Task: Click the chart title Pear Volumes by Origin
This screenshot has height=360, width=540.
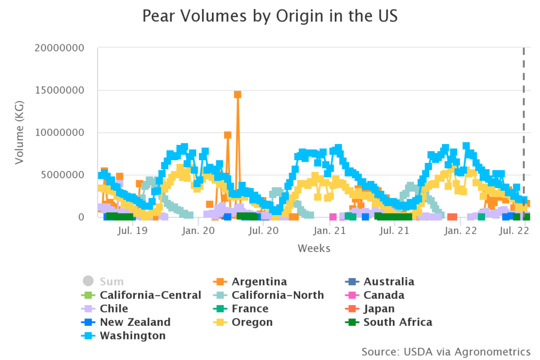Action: [269, 16]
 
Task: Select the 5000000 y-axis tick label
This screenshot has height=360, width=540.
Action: [61, 175]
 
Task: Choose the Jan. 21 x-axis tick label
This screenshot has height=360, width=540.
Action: [330, 230]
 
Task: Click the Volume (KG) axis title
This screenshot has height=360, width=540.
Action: [20, 132]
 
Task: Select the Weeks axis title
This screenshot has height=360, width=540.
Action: [314, 248]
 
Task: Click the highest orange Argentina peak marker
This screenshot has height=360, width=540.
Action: [237, 94]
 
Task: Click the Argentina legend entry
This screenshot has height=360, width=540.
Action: [259, 281]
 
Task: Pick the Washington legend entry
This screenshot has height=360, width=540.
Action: [132, 336]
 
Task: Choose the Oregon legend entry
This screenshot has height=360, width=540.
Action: [252, 322]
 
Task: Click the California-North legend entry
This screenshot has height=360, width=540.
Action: [277, 295]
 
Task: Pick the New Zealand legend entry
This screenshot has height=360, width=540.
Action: [135, 322]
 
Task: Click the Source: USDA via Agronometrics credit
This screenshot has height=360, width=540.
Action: [446, 351]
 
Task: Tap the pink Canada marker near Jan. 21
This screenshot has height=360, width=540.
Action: [333, 217]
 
